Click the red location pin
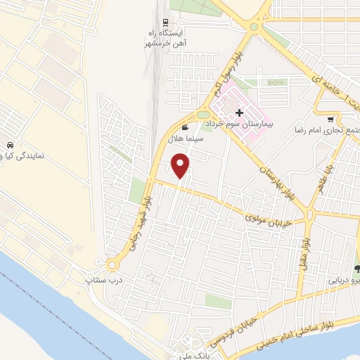pyautogui.click(x=181, y=165)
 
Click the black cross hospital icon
pyautogui.click(x=239, y=112)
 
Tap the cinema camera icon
pyautogui.click(x=184, y=127)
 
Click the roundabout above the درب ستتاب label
pyautogui.click(x=112, y=265)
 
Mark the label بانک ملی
pyautogui.click(x=188, y=354)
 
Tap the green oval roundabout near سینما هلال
pyautogui.click(x=203, y=115)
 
